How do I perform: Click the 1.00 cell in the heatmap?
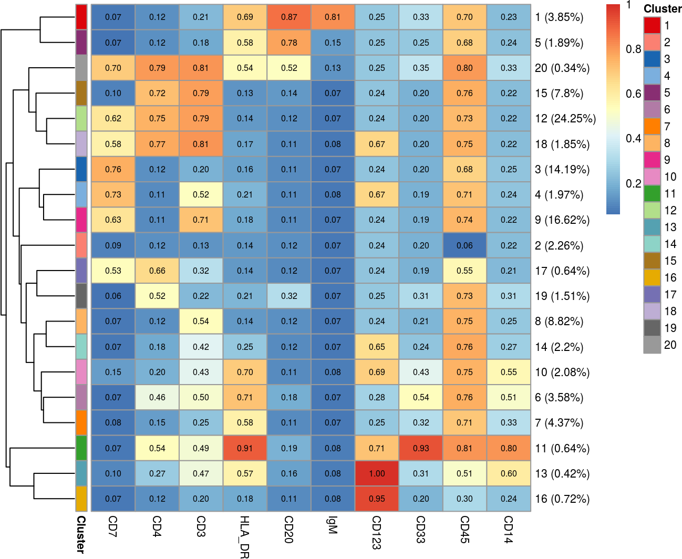pos(377,473)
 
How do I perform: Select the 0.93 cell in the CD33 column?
pos(421,448)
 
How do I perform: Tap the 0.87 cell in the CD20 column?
pos(289,17)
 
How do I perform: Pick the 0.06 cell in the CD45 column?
pos(464,245)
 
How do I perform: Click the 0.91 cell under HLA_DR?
pos(245,448)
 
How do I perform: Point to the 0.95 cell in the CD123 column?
pos(377,499)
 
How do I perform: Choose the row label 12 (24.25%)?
pos(565,119)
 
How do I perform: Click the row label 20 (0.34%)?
pos(562,68)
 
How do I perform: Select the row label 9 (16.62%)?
pos(562,220)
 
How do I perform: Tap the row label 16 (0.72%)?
pos(562,499)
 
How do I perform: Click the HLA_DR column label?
pos(244,536)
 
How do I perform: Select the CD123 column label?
pos(377,532)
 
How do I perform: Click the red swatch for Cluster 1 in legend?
pos(652,25)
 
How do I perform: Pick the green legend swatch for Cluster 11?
pos(652,193)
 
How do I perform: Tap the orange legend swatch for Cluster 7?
pos(652,126)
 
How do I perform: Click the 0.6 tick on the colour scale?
pos(633,94)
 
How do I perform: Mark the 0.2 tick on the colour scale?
pos(633,184)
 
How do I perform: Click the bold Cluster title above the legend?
pos(662,9)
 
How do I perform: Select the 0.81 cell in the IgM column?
pos(333,17)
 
